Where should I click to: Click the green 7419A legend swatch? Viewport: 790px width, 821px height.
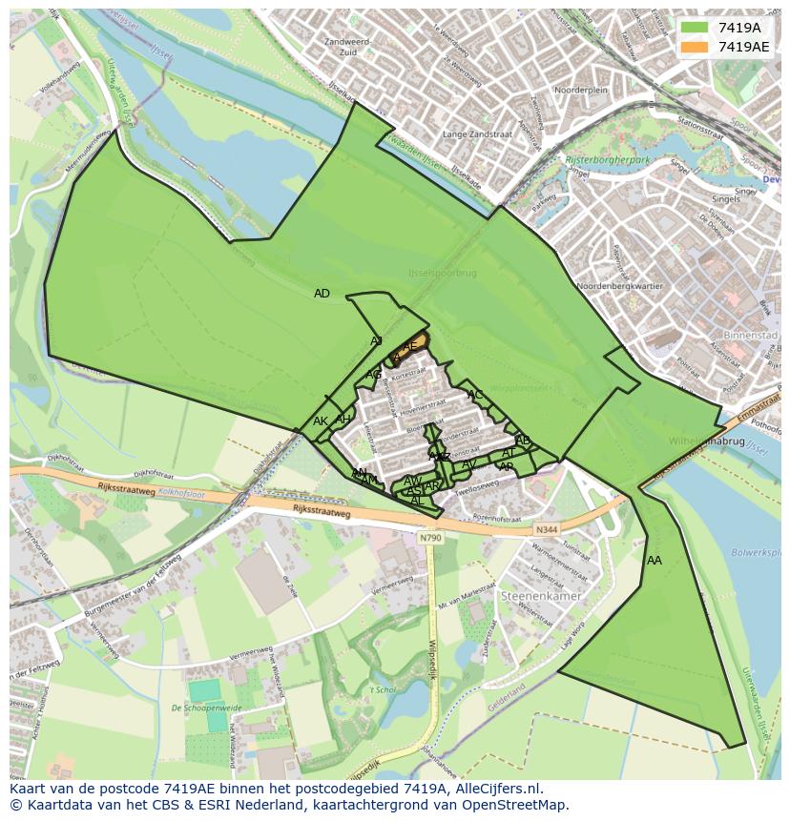pyautogui.click(x=695, y=28)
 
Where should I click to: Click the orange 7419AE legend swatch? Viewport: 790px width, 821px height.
pyautogui.click(x=695, y=46)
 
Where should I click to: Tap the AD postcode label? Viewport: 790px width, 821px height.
pyautogui.click(x=322, y=294)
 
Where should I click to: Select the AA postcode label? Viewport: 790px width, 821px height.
pyautogui.click(x=654, y=561)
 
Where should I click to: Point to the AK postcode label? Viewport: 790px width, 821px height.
pyautogui.click(x=321, y=421)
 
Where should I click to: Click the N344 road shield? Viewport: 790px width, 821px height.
pyautogui.click(x=546, y=529)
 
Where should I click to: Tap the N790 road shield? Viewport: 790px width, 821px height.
pyautogui.click(x=430, y=538)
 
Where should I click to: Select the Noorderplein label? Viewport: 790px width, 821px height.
pyautogui.click(x=581, y=90)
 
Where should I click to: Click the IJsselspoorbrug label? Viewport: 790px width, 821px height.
pyautogui.click(x=442, y=274)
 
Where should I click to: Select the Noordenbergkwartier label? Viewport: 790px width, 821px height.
pyautogui.click(x=620, y=286)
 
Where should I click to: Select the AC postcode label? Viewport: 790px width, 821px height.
pyautogui.click(x=475, y=395)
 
